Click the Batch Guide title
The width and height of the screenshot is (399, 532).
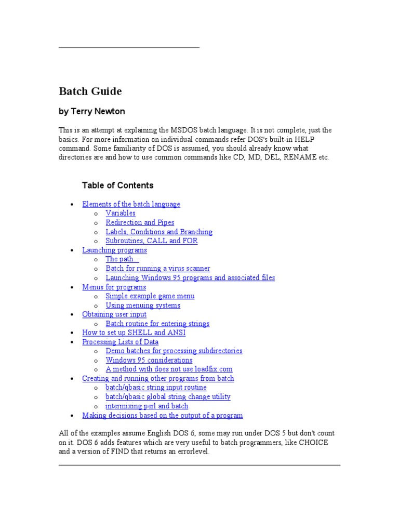pos(90,92)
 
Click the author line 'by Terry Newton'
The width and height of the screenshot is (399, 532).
pos(91,112)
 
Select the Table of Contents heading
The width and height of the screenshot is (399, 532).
pos(117,185)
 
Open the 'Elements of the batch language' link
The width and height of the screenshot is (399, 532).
pos(131,204)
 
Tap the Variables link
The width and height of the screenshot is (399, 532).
pos(121,213)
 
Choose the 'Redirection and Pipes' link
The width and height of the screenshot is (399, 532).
pos(140,222)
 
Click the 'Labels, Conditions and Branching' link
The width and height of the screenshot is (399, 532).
pos(159,232)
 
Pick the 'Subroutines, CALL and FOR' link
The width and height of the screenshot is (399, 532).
pos(152,241)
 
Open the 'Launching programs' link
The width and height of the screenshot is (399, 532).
pos(114,250)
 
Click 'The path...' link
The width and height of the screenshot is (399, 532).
pos(122,259)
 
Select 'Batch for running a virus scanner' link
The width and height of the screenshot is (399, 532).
pos(158,269)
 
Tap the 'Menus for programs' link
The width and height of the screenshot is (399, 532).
pos(114,287)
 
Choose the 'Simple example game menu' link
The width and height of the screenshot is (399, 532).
pos(150,296)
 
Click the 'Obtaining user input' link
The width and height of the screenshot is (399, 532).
pos(114,314)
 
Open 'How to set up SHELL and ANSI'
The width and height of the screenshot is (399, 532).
pos(134,332)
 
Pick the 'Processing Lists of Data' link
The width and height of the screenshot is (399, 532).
pos(120,342)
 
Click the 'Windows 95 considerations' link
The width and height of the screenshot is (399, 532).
pos(149,360)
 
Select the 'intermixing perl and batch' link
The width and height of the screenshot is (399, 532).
pos(147,406)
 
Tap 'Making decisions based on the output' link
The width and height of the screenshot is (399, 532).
pos(162,416)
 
